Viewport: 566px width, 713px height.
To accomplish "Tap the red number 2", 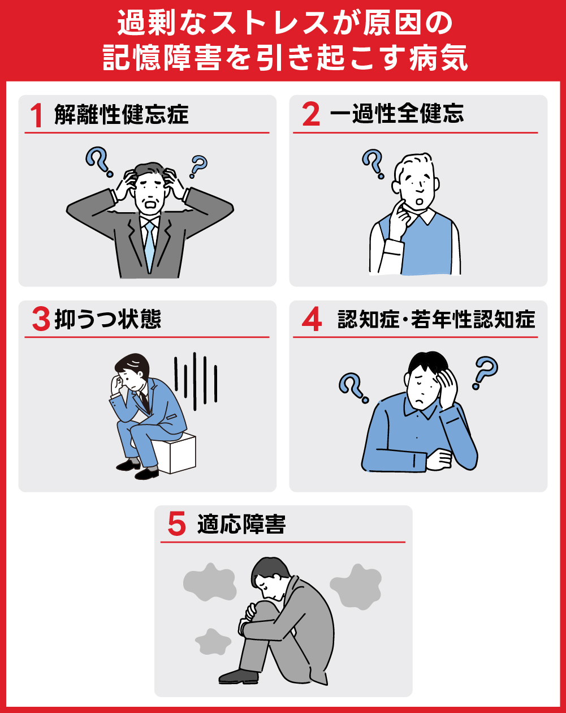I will (310, 115).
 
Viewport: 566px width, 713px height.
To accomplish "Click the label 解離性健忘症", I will (121, 115).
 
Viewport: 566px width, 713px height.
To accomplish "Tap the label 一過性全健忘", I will (396, 114).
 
